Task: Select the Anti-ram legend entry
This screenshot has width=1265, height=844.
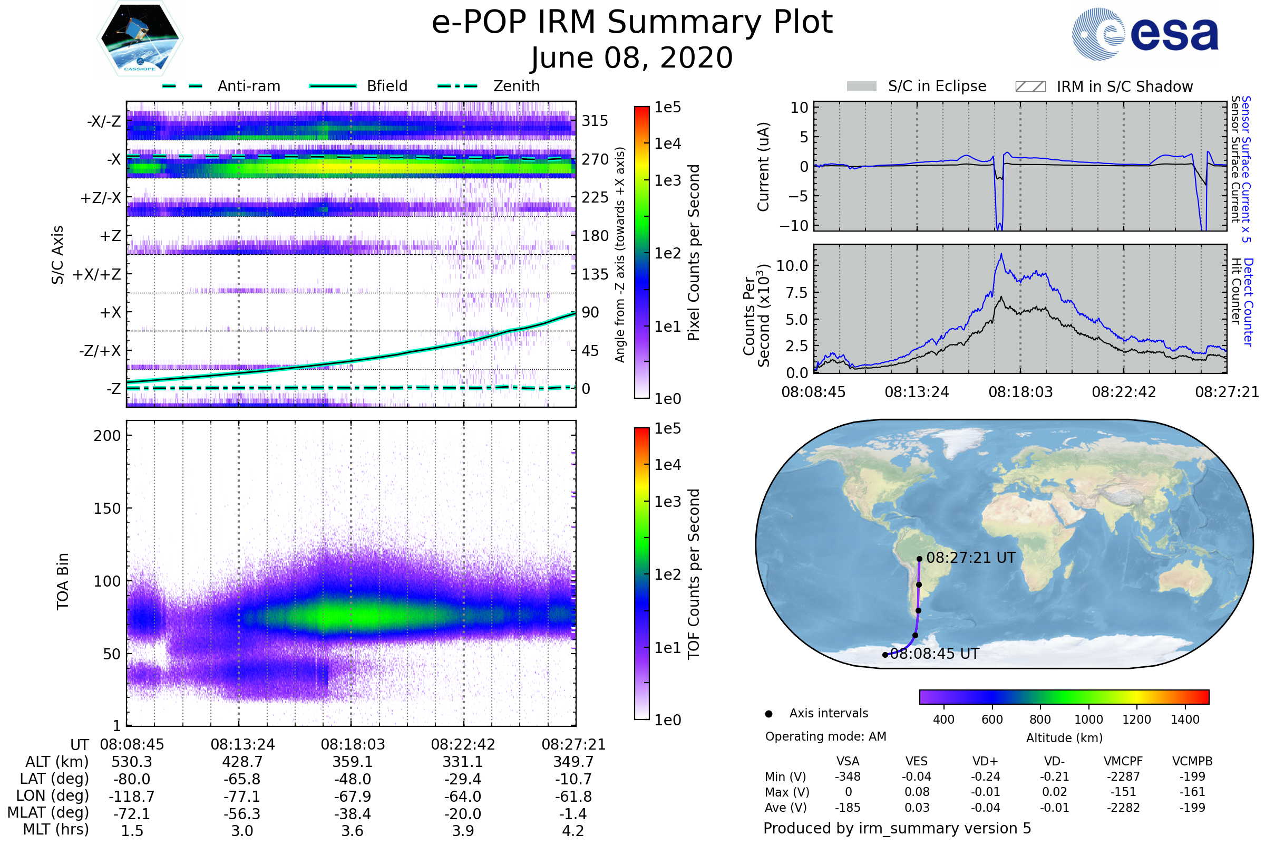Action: (x=248, y=86)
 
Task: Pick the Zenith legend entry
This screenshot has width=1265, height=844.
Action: (x=516, y=86)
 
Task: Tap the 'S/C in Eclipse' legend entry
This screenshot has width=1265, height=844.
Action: (x=937, y=86)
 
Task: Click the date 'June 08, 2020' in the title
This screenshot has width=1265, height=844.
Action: (x=631, y=57)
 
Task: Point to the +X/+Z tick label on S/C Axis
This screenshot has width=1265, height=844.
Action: (x=97, y=274)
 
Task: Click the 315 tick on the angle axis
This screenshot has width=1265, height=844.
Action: (x=595, y=121)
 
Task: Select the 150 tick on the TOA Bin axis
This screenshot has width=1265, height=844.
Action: (x=107, y=509)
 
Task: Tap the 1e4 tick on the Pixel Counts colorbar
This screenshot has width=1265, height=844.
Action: (x=667, y=143)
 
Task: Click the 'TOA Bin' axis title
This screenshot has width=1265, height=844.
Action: (x=63, y=581)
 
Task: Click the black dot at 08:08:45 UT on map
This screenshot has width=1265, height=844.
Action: (x=885, y=655)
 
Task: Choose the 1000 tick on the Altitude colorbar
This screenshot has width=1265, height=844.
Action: (x=1088, y=720)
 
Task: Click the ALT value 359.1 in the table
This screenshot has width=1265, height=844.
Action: (x=352, y=762)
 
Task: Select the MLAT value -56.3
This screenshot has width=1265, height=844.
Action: (x=242, y=814)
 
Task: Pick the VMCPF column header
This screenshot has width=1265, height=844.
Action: (x=1123, y=761)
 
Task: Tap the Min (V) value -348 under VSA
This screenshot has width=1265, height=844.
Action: (x=848, y=776)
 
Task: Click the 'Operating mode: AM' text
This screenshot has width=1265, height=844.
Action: (x=825, y=736)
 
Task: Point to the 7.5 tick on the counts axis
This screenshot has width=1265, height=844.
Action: (x=796, y=293)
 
